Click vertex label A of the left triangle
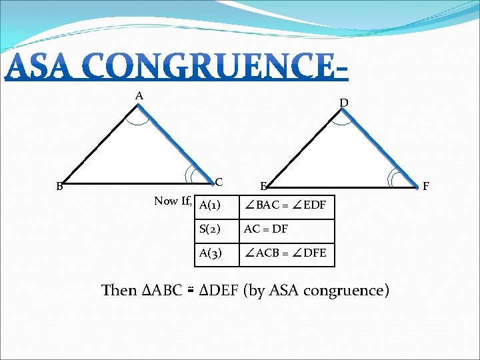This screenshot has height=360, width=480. (139, 96)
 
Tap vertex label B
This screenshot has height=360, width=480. (59, 187)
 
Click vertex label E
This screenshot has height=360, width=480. (264, 186)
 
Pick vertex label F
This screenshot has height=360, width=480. (427, 187)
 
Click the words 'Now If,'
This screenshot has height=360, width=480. (173, 201)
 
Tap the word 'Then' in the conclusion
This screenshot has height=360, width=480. (119, 291)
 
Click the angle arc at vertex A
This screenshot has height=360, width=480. (140, 120)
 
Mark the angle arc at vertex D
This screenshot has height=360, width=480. (344, 120)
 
